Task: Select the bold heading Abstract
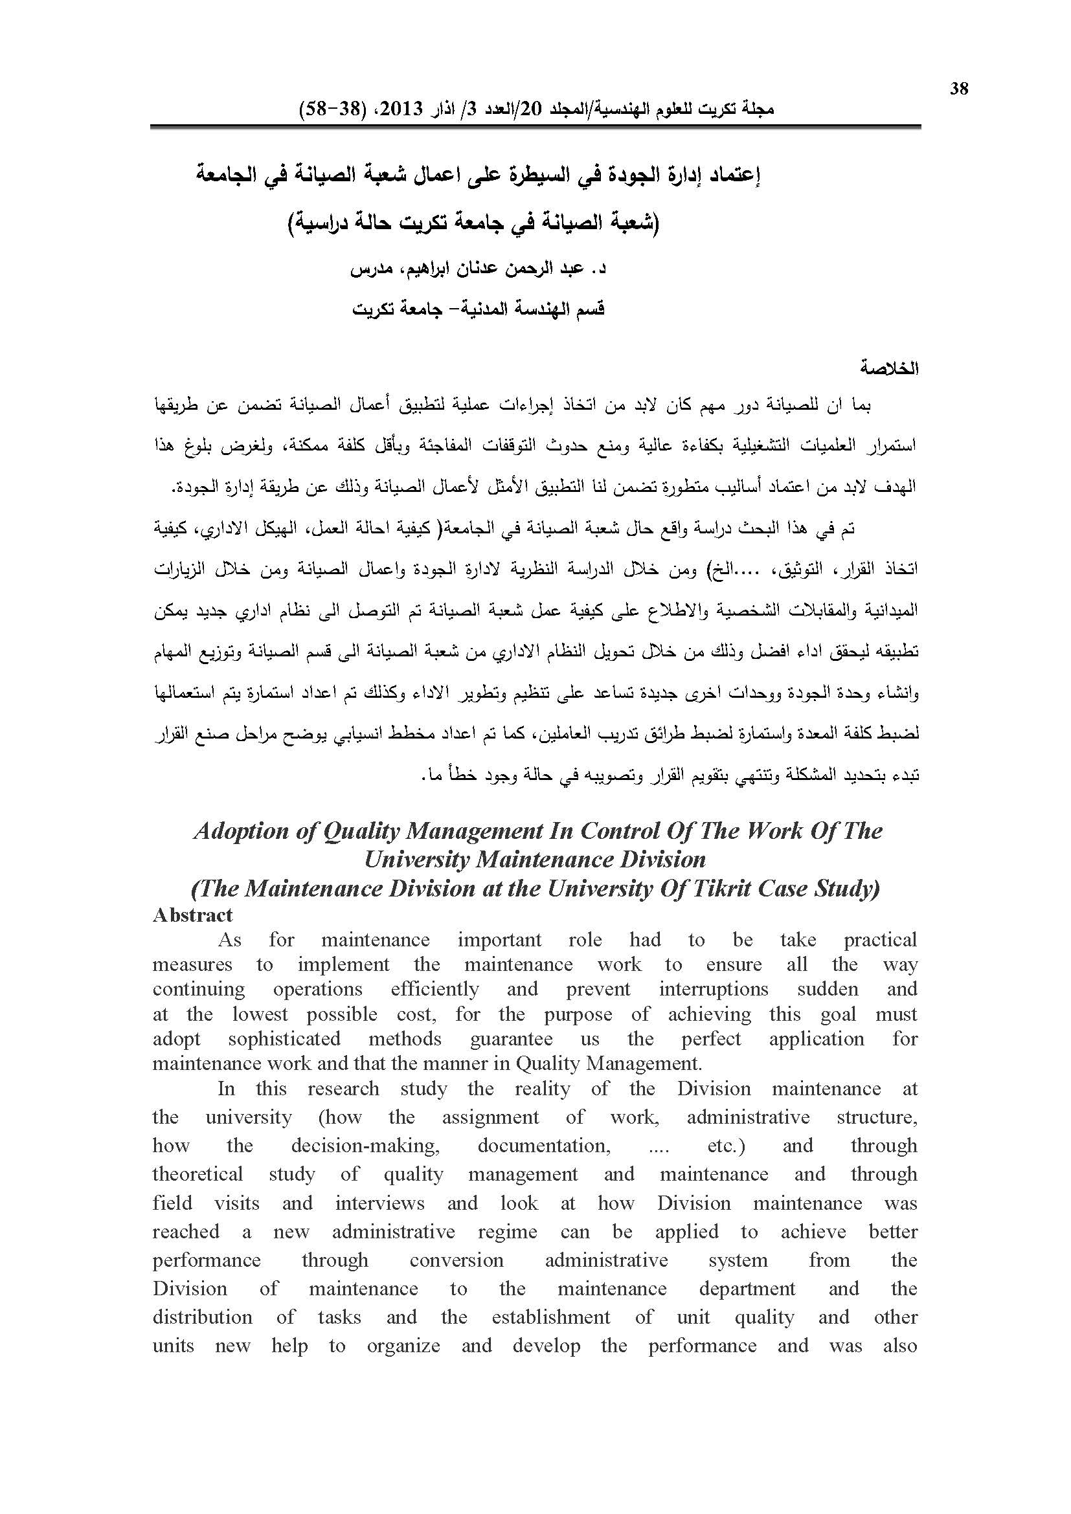click(x=192, y=915)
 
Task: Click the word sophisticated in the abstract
click(x=284, y=1038)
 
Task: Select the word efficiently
click(x=434, y=989)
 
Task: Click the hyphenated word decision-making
click(x=365, y=1146)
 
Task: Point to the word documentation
click(x=544, y=1146)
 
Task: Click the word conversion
click(x=457, y=1260)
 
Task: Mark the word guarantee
click(x=512, y=1038)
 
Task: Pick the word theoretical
click(x=198, y=1174)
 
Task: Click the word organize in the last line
click(x=403, y=1346)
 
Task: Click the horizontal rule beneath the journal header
click(x=535, y=126)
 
